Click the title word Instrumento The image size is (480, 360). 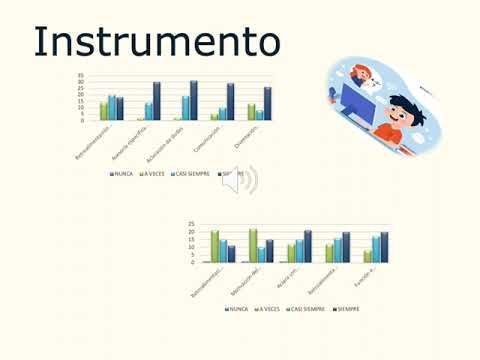coord(156,42)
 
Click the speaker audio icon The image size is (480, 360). coord(240,180)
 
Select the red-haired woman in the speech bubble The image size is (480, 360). coord(365,75)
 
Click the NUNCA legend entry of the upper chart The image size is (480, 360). coord(121,173)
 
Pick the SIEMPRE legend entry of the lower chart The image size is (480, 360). coord(346,309)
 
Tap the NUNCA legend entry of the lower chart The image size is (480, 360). coord(236,309)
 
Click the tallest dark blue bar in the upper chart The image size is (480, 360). coord(193,100)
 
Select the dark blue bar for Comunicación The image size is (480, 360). coord(230,102)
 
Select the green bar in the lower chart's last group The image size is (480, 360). coord(367,256)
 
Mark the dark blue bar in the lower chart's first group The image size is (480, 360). coord(232,254)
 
